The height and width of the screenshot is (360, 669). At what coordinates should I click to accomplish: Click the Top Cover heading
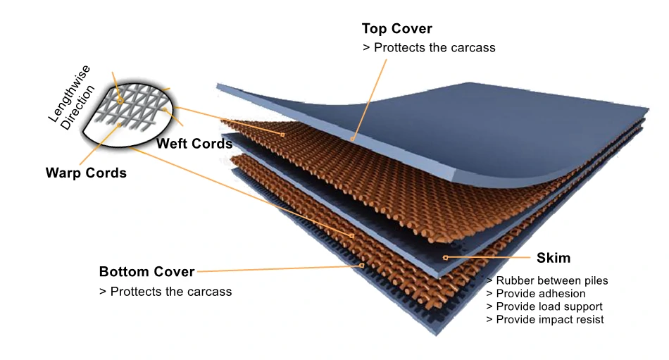396,29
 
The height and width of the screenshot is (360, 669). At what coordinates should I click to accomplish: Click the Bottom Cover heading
146,272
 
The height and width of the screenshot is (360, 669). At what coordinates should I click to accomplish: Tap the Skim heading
554,258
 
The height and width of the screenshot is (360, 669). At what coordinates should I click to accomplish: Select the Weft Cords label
194,144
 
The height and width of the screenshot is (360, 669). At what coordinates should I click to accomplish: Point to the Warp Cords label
86,173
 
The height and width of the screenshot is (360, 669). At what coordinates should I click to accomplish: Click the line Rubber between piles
547,280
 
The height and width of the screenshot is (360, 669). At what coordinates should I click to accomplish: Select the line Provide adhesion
535,293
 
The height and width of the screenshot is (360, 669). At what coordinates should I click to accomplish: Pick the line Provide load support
544,306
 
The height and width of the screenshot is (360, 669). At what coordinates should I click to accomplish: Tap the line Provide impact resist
545,319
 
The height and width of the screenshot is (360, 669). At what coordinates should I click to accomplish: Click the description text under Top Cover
429,48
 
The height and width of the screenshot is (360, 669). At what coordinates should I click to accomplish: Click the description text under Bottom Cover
165,291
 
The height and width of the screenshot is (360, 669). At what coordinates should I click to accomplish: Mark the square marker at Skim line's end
445,258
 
